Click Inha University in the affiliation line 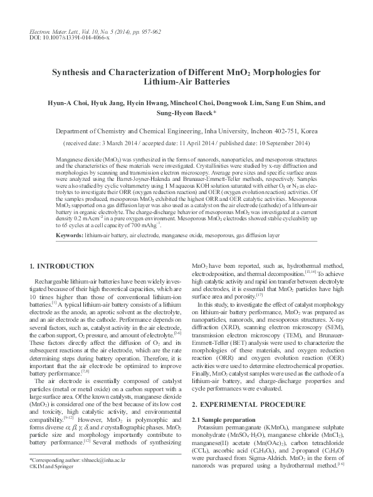pos(224,132)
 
